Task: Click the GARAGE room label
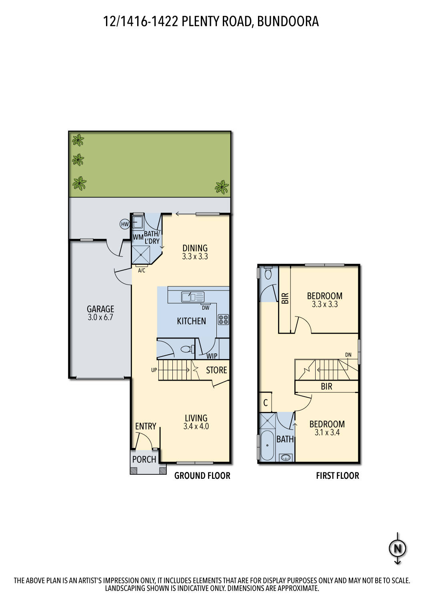click(x=100, y=309)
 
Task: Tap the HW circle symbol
click(x=125, y=224)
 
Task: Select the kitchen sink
click(x=192, y=297)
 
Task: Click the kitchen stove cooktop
click(x=223, y=319)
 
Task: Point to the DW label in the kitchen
click(x=206, y=308)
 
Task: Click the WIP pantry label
click(x=212, y=356)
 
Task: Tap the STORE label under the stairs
click(x=216, y=370)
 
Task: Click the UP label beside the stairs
click(x=154, y=370)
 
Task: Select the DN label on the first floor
click(x=348, y=355)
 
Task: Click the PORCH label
click(x=144, y=460)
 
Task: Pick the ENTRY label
click(x=146, y=426)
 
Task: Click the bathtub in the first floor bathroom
click(x=267, y=446)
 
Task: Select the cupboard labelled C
click(x=266, y=403)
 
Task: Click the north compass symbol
click(x=398, y=548)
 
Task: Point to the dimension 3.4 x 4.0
click(x=196, y=427)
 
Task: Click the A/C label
click(x=142, y=271)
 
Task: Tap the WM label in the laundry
click(x=138, y=237)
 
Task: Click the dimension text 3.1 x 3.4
click(x=327, y=433)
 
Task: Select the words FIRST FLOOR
click(x=338, y=476)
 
